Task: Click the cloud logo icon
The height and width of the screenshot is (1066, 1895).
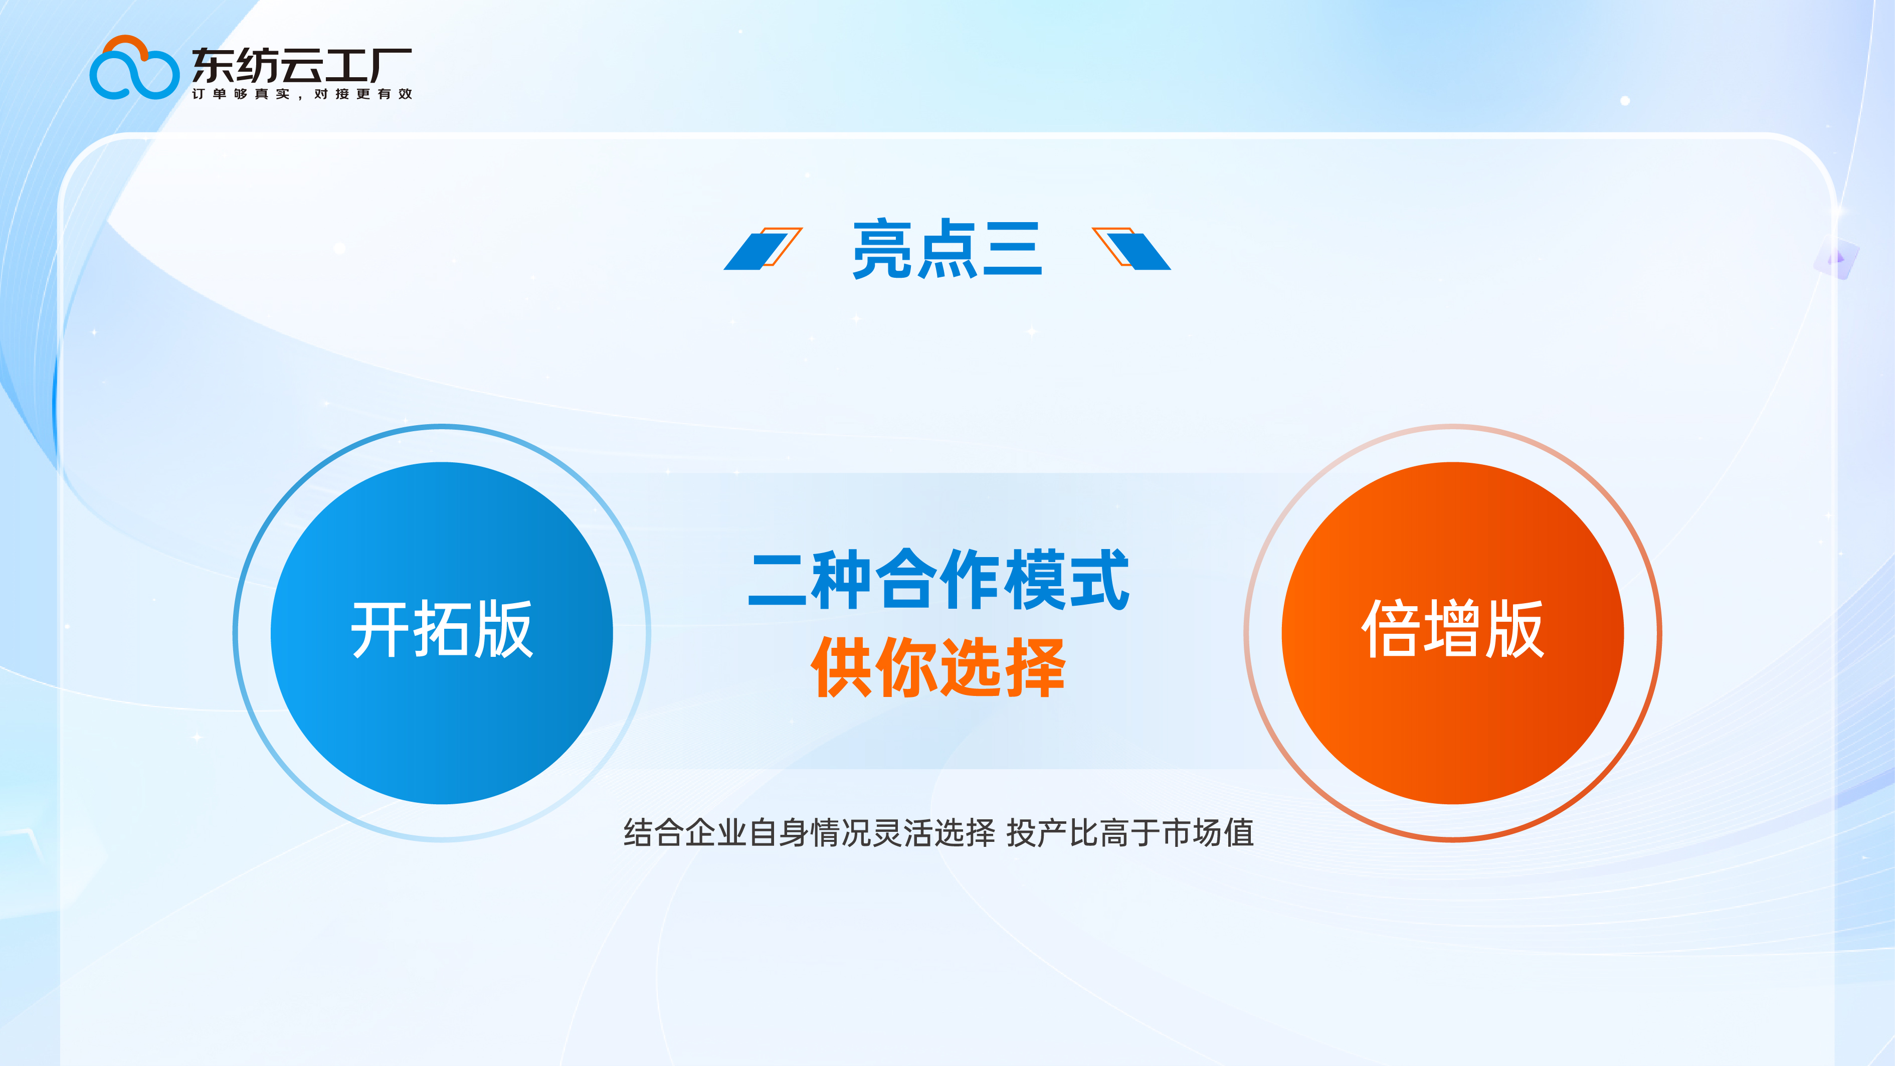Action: (134, 68)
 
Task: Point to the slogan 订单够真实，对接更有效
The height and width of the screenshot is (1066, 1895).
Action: (302, 94)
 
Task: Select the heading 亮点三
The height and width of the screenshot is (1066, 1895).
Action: (947, 249)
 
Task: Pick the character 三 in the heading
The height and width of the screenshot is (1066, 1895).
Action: (1012, 249)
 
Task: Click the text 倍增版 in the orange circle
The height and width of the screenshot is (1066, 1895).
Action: (1452, 630)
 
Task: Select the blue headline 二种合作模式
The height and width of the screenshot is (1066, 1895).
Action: (938, 580)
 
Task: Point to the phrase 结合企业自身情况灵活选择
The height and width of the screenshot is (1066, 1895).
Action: (809, 833)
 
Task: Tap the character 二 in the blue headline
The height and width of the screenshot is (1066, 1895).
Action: (778, 580)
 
